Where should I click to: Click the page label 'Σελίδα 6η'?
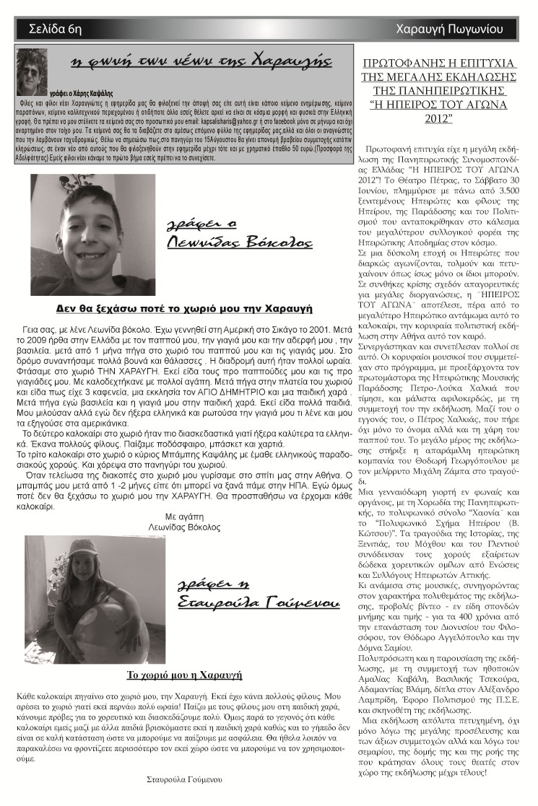pyautogui.click(x=54, y=30)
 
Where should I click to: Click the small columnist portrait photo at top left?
pyautogui.click(x=31, y=71)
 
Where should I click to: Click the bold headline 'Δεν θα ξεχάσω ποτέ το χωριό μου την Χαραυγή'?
pyautogui.click(x=183, y=309)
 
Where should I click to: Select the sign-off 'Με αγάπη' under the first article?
pyautogui.click(x=186, y=517)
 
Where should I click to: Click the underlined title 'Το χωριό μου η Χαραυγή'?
pyautogui.click(x=184, y=675)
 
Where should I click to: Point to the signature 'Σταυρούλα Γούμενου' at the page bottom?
pyautogui.click(x=183, y=779)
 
